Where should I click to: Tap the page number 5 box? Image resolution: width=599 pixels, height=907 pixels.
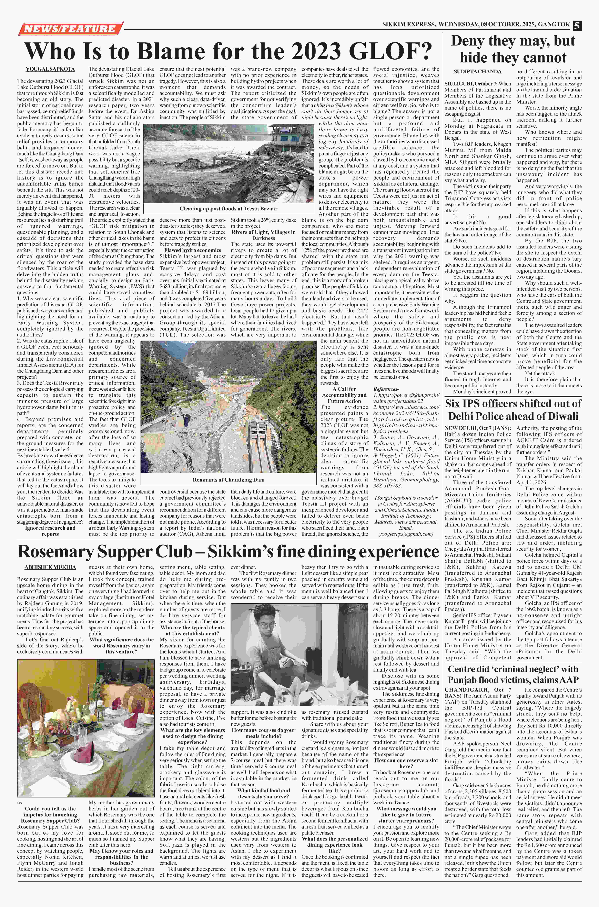click(x=576, y=25)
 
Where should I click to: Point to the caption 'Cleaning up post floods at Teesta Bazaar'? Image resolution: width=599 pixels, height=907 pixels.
click(x=229, y=208)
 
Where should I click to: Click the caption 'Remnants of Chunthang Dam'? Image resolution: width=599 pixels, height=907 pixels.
click(x=229, y=480)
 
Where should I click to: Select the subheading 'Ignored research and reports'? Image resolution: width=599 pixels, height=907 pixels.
click(x=50, y=530)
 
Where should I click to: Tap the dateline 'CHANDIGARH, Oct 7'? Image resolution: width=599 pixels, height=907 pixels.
click(x=478, y=690)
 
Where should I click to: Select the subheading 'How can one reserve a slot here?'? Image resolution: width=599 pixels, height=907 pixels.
click(x=406, y=763)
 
